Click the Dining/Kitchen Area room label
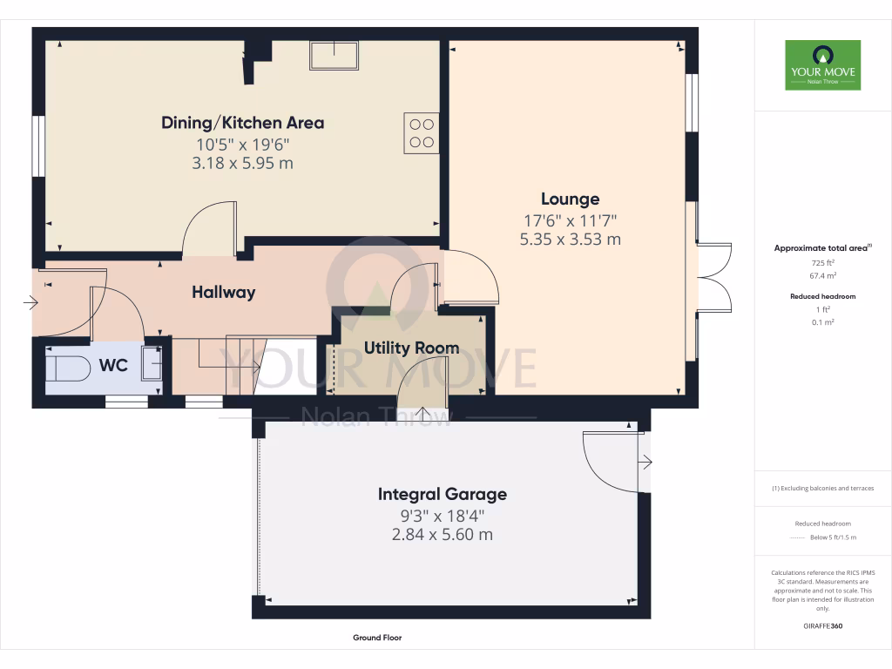[x=242, y=123]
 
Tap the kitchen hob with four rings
[x=421, y=132]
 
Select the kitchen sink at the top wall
[x=334, y=55]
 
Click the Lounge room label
[x=570, y=199]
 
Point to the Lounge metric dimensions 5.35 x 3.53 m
[x=570, y=239]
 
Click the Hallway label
[x=224, y=293]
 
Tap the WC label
[x=113, y=365]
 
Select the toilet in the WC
[x=68, y=366]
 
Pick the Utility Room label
[x=411, y=348]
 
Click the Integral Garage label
[x=442, y=495]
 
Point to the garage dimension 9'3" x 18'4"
[x=442, y=516]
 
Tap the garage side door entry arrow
[x=645, y=462]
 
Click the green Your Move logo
[x=822, y=64]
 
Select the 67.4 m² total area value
[x=823, y=274]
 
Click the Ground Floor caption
[x=377, y=638]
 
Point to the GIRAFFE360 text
[x=823, y=626]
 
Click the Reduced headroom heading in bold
[x=823, y=296]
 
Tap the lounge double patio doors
[x=713, y=277]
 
